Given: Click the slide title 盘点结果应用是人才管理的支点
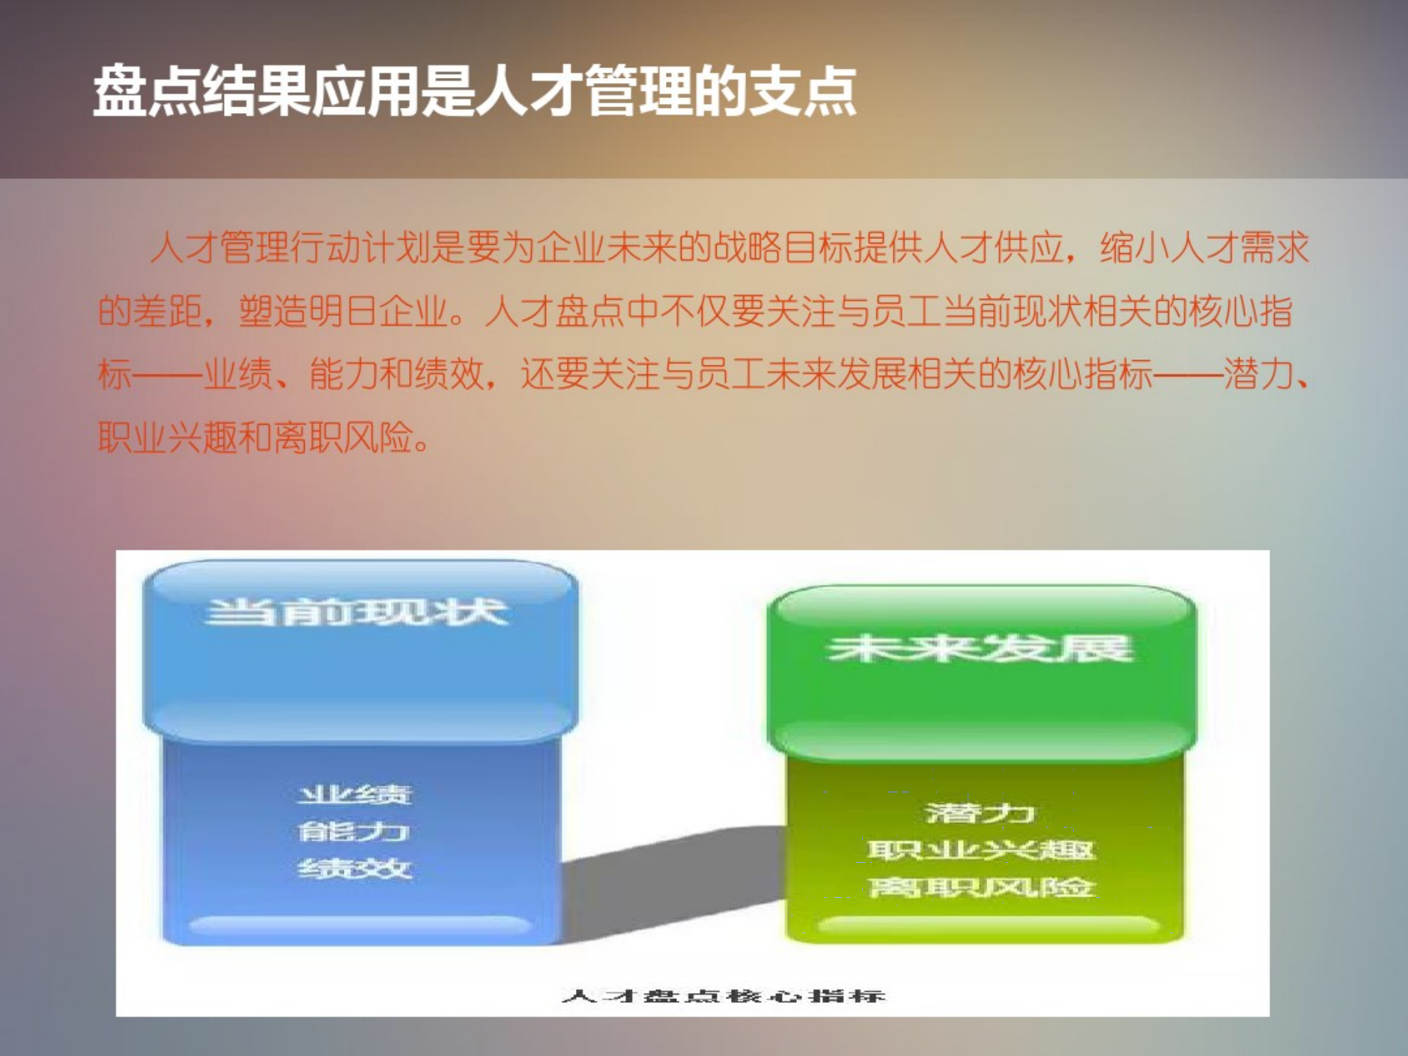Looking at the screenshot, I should tap(474, 91).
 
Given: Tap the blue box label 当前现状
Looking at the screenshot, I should tap(356, 612).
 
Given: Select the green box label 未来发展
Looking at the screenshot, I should tap(980, 649).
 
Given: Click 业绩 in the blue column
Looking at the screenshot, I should tap(355, 795).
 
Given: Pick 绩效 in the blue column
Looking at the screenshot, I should tap(355, 869).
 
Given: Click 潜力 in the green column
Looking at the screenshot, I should tap(980, 813).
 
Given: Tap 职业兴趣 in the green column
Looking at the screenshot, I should tap(980, 850).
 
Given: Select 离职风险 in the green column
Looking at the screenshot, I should tap(980, 887).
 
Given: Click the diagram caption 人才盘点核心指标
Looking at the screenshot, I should tap(723, 996).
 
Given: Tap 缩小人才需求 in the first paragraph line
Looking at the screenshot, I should tap(1204, 248).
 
